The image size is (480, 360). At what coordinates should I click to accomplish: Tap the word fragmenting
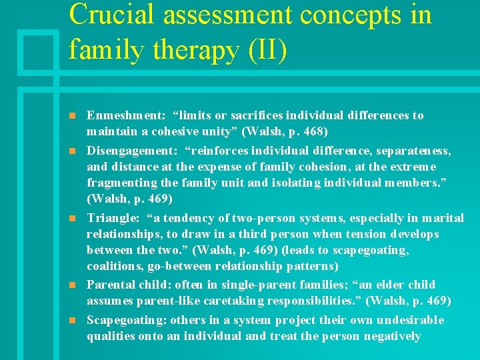[119, 183]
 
